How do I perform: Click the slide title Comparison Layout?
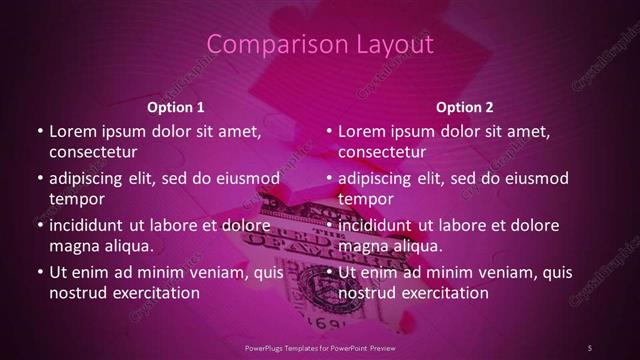pos(320,44)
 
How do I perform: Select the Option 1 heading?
pos(176,107)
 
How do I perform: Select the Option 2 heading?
pos(465,107)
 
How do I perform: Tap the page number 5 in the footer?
pos(590,346)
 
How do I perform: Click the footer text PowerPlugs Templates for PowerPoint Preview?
pos(320,346)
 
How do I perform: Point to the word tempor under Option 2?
pos(367,199)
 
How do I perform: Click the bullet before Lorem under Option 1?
pos(38,131)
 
